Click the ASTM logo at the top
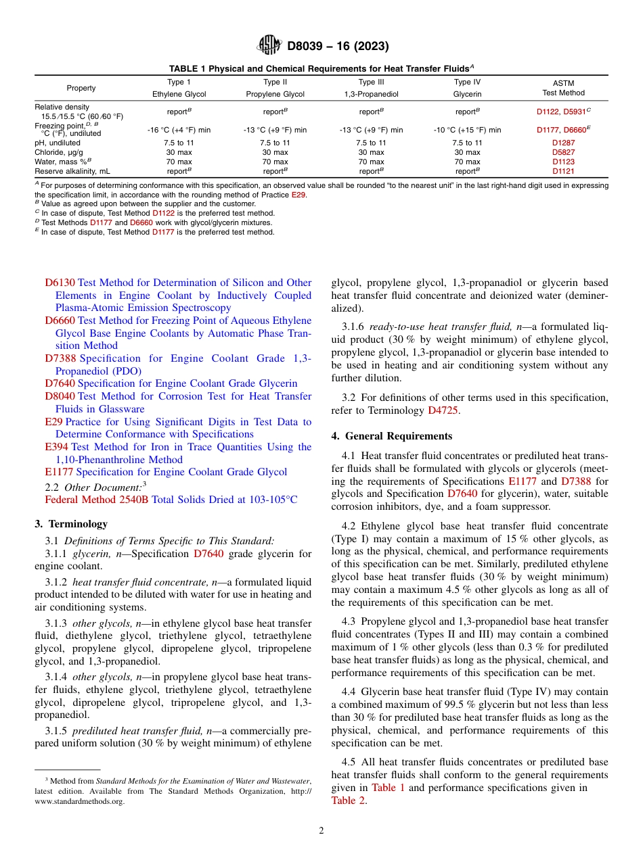pyautogui.click(x=269, y=46)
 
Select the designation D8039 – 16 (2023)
pyautogui.click(x=338, y=47)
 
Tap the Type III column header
pyautogui.click(x=371, y=82)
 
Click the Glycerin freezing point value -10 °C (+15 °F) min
pyautogui.click(x=467, y=130)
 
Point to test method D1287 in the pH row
pyautogui.click(x=563, y=143)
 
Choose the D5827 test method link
pyautogui.click(x=563, y=153)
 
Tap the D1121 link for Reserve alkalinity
pyautogui.click(x=563, y=172)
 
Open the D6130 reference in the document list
pyautogui.click(x=60, y=283)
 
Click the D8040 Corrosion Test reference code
pyautogui.click(x=60, y=396)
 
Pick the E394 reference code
pyautogui.click(x=57, y=447)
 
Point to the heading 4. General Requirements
pyautogui.click(x=392, y=435)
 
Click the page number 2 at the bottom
pyautogui.click(x=321, y=831)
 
